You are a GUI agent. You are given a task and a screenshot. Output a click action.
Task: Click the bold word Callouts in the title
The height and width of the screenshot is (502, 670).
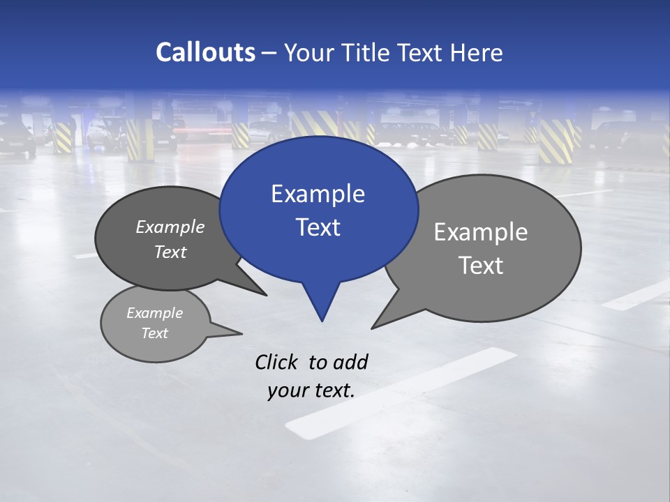[x=205, y=52]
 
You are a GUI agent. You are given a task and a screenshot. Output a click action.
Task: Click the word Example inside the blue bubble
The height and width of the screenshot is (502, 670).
[x=318, y=194]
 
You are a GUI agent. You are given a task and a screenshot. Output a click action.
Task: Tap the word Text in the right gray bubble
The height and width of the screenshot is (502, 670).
[x=481, y=266]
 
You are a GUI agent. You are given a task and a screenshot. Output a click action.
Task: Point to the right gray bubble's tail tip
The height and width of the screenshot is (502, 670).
[x=373, y=328]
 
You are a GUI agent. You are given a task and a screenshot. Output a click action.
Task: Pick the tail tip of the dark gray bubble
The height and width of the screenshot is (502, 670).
[x=266, y=295]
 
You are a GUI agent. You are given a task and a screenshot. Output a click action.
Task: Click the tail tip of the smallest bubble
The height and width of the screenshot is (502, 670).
[x=241, y=333]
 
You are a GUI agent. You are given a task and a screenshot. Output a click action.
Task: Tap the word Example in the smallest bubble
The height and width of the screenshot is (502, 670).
[x=154, y=313]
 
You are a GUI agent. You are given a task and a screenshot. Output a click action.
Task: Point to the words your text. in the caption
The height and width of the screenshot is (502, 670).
[x=311, y=390]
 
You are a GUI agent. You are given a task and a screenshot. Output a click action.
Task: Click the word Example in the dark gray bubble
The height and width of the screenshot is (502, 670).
[x=170, y=227]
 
